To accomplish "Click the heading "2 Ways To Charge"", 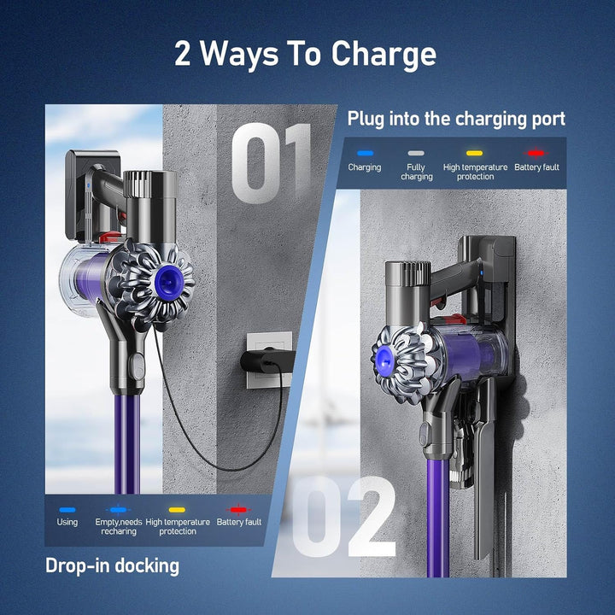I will (306, 54).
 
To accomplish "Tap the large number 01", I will (272, 162).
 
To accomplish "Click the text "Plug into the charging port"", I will (456, 119).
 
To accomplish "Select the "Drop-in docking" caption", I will (112, 565).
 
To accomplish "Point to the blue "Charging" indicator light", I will (365, 153).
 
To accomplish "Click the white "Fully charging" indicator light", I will (416, 153).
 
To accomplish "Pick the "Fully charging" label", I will (416, 172).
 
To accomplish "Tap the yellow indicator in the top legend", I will (475, 153).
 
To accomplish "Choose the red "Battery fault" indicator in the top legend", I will (536, 153).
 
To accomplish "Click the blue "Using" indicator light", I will (67, 509).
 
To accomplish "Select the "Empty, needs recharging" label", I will (119, 526).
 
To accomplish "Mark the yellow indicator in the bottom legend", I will (178, 509).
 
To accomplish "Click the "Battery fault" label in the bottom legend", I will (239, 522).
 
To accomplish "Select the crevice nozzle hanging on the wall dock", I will (483, 453).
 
